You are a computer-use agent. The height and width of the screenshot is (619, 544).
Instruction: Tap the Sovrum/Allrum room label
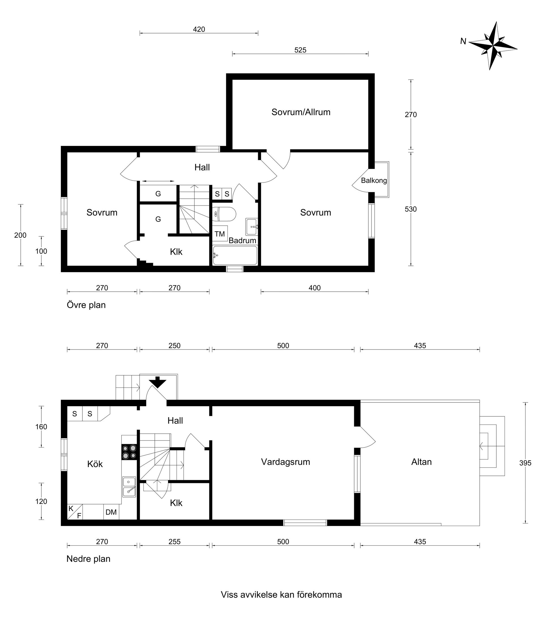[x=301, y=112]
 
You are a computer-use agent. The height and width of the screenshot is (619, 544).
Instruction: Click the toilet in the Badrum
[x=224, y=214]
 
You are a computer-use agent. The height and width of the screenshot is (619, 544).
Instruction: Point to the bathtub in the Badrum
[x=235, y=255]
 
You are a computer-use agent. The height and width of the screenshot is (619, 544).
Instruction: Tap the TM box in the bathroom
[x=220, y=234]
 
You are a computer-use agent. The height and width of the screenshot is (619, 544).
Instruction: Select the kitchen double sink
[x=129, y=487]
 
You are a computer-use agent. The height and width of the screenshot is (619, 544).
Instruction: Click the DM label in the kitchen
[x=111, y=512]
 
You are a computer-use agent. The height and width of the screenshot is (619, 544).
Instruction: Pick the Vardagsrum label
[x=286, y=462]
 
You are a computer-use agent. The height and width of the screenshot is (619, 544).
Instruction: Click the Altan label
[x=421, y=462]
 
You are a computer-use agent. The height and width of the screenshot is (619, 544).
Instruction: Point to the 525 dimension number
[x=300, y=50]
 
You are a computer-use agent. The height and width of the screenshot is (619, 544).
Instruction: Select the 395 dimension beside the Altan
[x=525, y=463]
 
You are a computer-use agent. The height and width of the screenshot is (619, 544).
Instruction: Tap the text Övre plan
[x=86, y=305]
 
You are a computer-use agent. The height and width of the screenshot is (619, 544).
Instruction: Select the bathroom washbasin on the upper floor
[x=252, y=227]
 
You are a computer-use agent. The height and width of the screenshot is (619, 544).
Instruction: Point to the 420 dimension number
[x=199, y=29]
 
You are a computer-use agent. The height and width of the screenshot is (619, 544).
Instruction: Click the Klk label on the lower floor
[x=176, y=503]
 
